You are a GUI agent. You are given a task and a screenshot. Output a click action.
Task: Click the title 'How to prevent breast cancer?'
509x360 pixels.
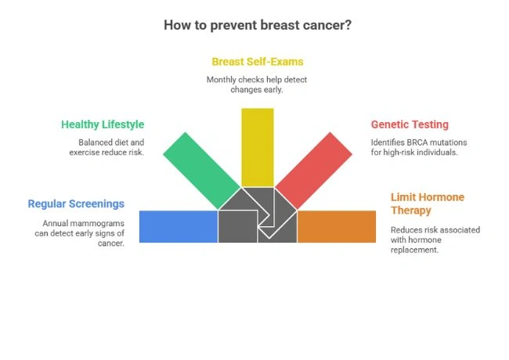coord(257,24)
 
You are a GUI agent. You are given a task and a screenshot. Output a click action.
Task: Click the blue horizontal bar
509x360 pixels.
coord(178,226)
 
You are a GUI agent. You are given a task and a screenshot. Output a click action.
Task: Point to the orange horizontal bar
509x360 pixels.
coord(337,226)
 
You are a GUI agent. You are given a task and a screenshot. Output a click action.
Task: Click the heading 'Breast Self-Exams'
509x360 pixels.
coord(257,61)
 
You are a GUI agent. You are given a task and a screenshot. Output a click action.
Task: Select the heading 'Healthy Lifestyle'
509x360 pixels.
coord(103,124)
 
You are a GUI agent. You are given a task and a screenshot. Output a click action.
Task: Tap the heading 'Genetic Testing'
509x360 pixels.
coord(410,124)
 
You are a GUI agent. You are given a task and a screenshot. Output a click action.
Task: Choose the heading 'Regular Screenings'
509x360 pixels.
coord(76,203)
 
